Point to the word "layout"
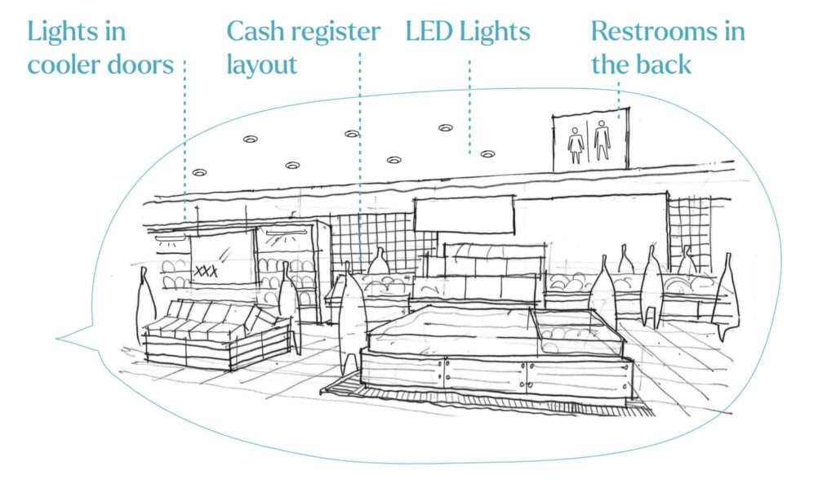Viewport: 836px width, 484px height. click(x=261, y=64)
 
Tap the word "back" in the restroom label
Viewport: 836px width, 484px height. click(x=667, y=64)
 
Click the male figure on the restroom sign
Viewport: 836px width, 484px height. click(x=603, y=140)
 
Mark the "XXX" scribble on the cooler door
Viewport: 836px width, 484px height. click(x=206, y=271)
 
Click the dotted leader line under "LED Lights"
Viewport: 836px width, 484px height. click(x=469, y=106)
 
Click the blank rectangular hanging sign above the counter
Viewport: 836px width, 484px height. click(x=464, y=215)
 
